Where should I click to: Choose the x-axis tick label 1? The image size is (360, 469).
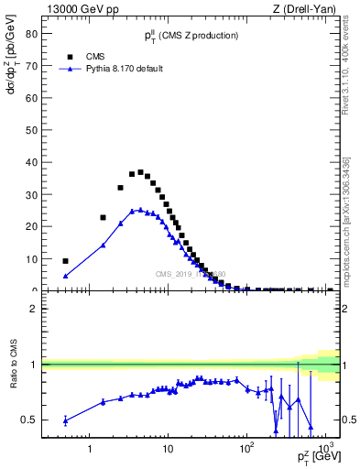click(89, 449)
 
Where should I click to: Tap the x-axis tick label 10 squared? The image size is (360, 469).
click(245, 448)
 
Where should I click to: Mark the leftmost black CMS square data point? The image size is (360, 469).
click(65, 261)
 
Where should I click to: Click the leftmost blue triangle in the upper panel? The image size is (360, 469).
click(65, 276)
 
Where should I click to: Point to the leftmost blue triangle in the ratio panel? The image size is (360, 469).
click(65, 420)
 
